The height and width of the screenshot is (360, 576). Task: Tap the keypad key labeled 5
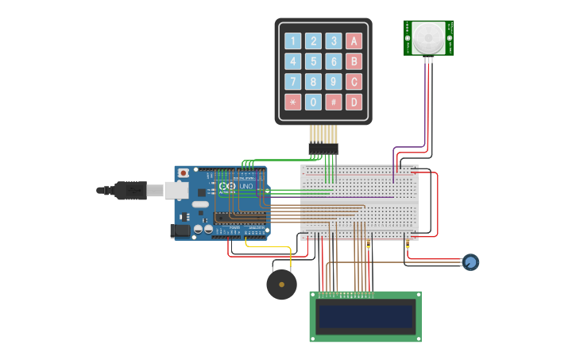(x=314, y=61)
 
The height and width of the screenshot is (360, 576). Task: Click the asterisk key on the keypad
(x=293, y=102)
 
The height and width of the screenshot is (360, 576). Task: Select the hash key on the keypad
(x=334, y=102)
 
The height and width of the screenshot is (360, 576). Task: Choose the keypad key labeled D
(x=354, y=102)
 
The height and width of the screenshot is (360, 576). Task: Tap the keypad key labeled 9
(x=334, y=81)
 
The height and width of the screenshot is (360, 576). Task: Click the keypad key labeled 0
(x=314, y=102)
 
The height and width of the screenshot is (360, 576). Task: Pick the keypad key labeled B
(x=354, y=61)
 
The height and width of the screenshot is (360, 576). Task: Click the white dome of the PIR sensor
(x=428, y=37)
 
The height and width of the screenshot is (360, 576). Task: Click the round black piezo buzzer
(x=281, y=285)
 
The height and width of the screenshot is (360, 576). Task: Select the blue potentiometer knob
(x=470, y=261)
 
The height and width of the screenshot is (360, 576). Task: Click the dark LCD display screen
(x=365, y=317)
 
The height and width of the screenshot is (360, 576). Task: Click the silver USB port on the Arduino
(x=176, y=190)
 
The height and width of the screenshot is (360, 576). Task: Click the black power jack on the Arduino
(x=180, y=230)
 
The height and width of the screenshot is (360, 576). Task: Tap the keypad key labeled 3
(x=334, y=41)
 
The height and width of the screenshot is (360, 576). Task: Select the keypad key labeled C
(x=354, y=81)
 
